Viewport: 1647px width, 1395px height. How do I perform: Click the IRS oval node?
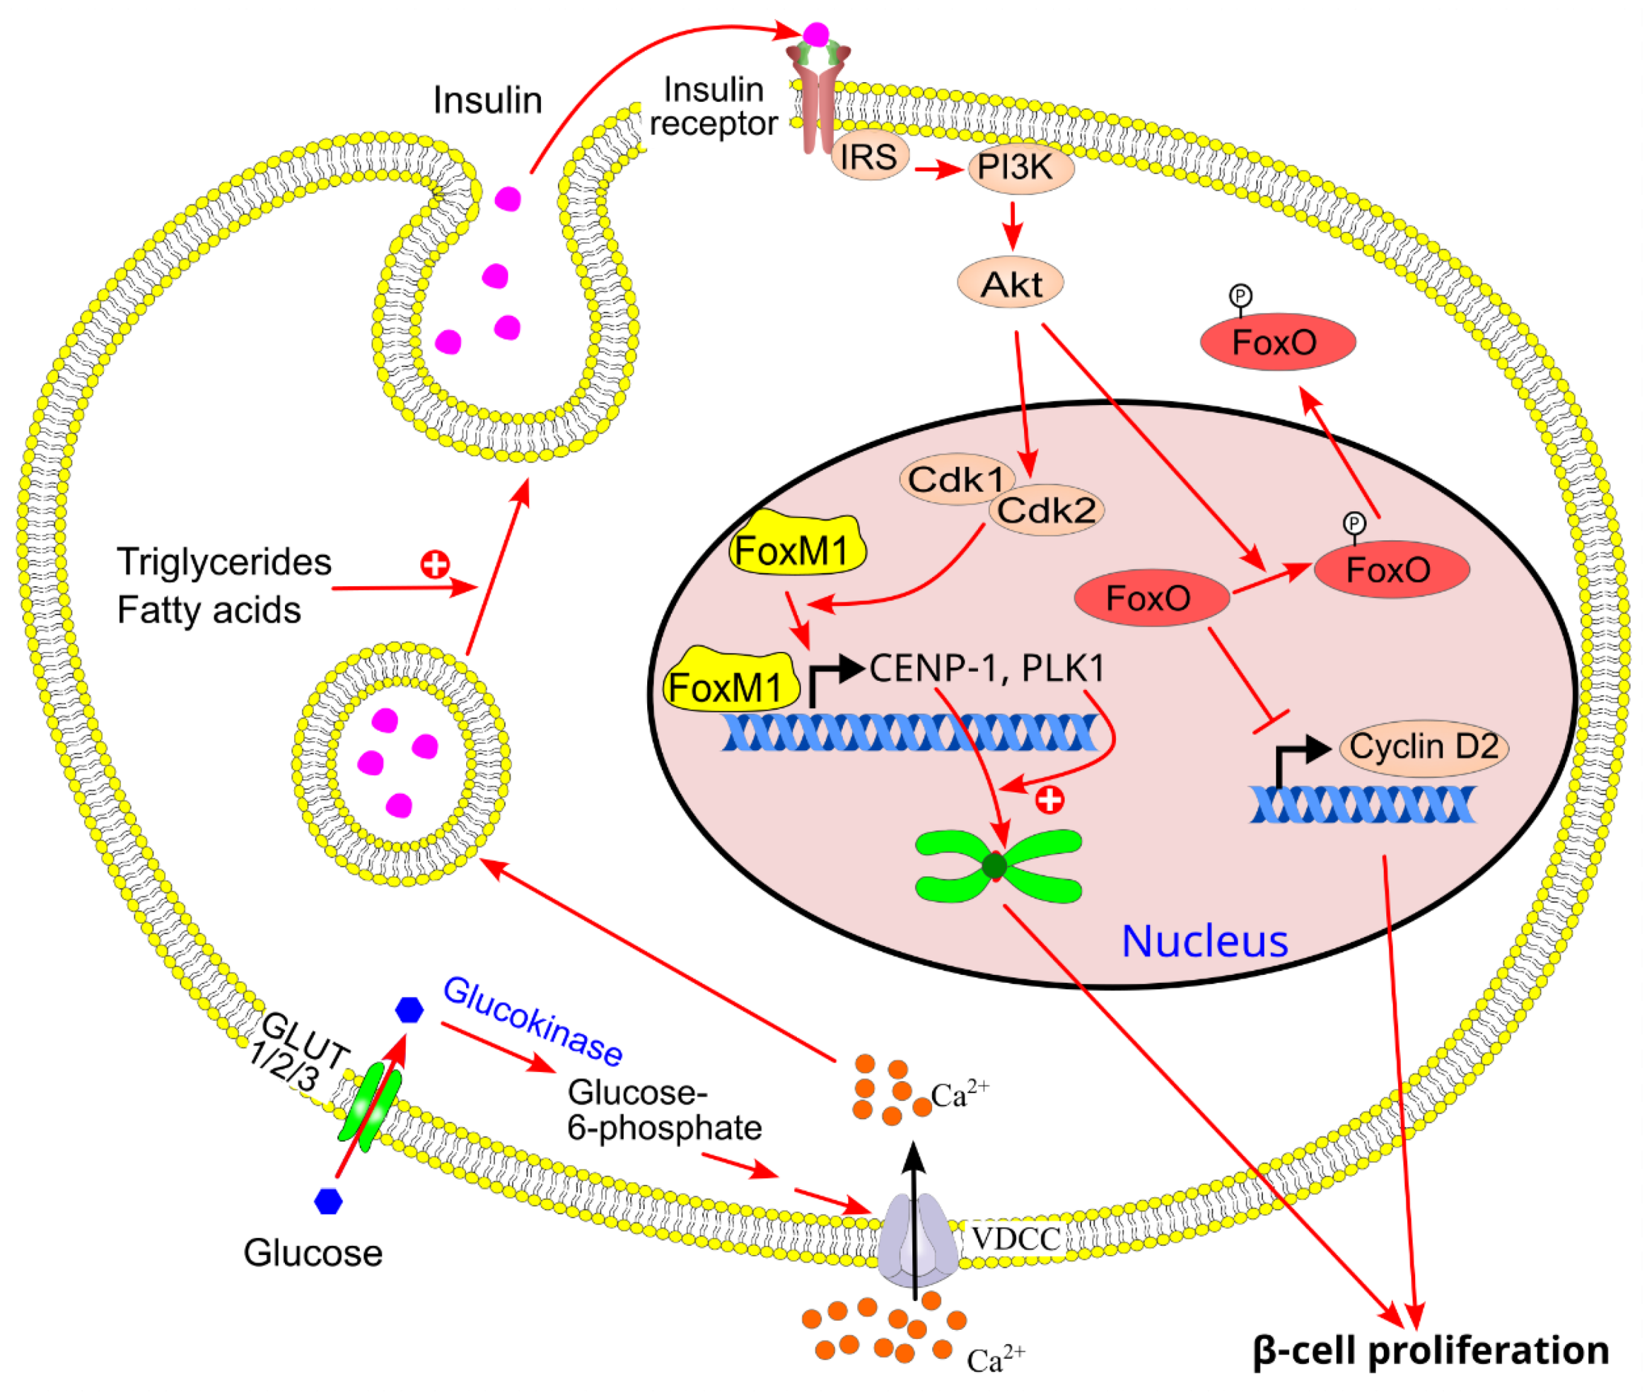[x=869, y=156]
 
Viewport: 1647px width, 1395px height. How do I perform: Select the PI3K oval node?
[x=1020, y=168]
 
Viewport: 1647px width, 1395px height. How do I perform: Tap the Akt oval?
[x=1010, y=284]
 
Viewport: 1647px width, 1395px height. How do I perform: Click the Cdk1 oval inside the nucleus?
[x=956, y=479]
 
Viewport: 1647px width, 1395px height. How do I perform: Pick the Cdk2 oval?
[x=1046, y=511]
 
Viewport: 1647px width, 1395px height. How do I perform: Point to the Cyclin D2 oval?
[x=1423, y=747]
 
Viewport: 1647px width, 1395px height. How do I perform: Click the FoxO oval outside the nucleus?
[x=1278, y=342]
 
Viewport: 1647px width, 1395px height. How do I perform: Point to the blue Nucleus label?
[x=1204, y=942]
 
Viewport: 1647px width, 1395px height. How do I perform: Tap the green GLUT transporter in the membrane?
[x=369, y=1106]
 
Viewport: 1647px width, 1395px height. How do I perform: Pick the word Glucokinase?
[x=532, y=1020]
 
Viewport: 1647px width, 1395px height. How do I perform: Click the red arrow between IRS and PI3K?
[x=938, y=169]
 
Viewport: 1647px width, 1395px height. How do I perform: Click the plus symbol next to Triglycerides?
[x=434, y=564]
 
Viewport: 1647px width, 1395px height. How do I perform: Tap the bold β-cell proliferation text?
[x=1430, y=1351]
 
